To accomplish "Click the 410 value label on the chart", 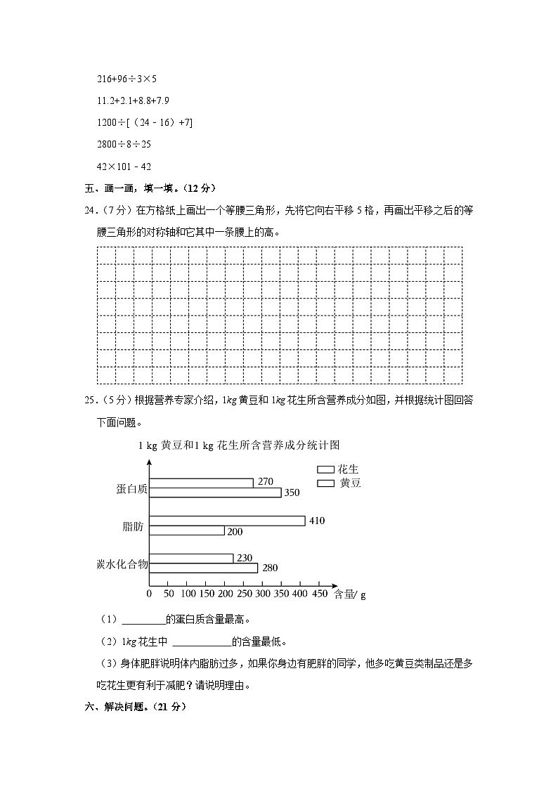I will (x=316, y=521).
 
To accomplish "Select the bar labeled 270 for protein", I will (x=201, y=483).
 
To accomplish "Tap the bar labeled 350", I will (x=215, y=493).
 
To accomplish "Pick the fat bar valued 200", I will (x=187, y=530).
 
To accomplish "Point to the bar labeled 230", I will (x=191, y=558).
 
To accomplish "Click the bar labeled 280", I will (x=204, y=568).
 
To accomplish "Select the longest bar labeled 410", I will (x=227, y=521).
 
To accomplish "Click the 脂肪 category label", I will (x=133, y=526).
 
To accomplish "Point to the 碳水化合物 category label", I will (x=122, y=563).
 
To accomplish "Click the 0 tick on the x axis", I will (x=149, y=594).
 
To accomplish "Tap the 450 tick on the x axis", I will (x=319, y=594).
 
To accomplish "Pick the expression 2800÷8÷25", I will (x=124, y=144).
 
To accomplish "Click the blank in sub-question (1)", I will (x=143, y=620).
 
